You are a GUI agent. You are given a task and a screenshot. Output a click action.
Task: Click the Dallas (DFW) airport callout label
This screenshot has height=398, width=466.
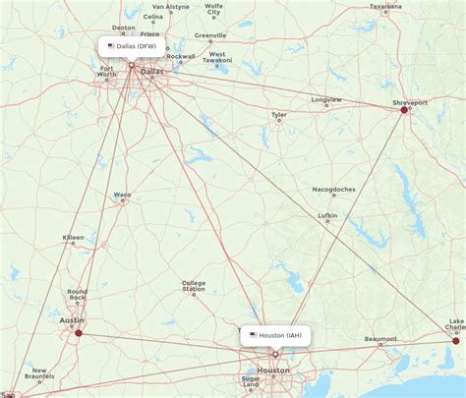[x=132, y=45]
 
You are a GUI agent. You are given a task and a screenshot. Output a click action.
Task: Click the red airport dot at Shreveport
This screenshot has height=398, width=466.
[x=404, y=110]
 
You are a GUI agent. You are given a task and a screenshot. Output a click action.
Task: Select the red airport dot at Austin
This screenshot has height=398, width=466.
[x=79, y=333]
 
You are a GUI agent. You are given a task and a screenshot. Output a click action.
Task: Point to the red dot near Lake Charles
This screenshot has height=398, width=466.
[x=455, y=340]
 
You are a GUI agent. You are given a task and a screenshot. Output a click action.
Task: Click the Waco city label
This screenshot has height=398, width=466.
[x=122, y=195]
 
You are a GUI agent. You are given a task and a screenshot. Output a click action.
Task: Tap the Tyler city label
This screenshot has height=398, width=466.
[x=280, y=115]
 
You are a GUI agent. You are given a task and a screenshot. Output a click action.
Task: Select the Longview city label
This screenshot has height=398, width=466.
[x=325, y=99]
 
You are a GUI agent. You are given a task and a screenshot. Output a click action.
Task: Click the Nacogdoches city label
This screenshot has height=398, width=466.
[x=334, y=189]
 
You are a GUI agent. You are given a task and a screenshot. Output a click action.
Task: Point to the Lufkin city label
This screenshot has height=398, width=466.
[x=327, y=215]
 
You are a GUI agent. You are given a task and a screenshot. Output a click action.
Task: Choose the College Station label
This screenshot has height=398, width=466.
[x=194, y=286]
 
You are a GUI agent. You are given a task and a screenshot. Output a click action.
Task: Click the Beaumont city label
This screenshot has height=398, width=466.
[x=380, y=339]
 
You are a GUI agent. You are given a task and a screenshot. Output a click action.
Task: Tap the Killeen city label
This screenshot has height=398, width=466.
[x=74, y=238]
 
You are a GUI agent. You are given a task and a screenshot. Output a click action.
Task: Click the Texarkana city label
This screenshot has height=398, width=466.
[x=385, y=6]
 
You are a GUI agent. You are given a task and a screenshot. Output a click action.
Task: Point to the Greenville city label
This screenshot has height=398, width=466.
[x=210, y=35]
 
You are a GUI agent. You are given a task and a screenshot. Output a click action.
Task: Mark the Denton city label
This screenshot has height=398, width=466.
[x=124, y=28]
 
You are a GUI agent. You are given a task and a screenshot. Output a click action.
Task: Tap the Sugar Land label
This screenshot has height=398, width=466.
[x=251, y=381]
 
